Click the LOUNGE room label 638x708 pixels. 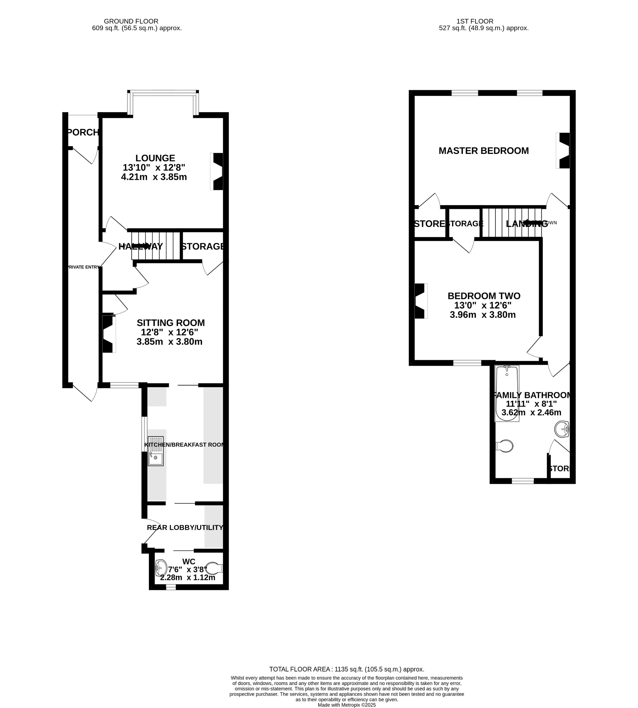tap(155, 158)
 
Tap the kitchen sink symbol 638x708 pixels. tap(156, 451)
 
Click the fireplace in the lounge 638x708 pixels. tap(217, 171)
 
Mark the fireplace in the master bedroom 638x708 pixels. tap(563, 150)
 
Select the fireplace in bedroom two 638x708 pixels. tap(421, 301)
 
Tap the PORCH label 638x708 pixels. tap(83, 132)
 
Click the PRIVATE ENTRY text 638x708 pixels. tap(83, 267)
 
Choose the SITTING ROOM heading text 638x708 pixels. tap(171, 323)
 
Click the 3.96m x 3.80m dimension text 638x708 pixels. tap(483, 315)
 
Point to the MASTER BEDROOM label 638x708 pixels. tap(483, 151)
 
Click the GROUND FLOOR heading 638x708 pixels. tap(131, 21)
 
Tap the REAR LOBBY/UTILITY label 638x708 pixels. tap(185, 527)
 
